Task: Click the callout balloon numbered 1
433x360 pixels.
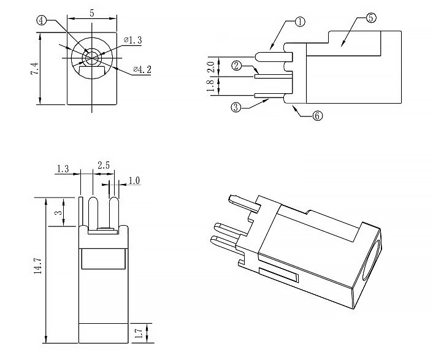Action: [x=300, y=23]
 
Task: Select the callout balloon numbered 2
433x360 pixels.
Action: [x=236, y=65]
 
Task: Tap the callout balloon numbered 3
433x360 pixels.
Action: [x=236, y=108]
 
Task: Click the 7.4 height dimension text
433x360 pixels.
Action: [x=35, y=69]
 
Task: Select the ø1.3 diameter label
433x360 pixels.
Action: [x=132, y=40]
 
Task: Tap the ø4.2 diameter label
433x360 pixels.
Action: [x=141, y=69]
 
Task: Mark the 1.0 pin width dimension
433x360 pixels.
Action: [x=134, y=182]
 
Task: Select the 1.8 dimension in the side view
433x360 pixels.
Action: [x=210, y=86]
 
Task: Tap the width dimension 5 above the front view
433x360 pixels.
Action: [x=91, y=12]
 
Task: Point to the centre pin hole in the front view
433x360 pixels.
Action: [x=91, y=57]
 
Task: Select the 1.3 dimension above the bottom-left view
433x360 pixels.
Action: [x=63, y=167]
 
